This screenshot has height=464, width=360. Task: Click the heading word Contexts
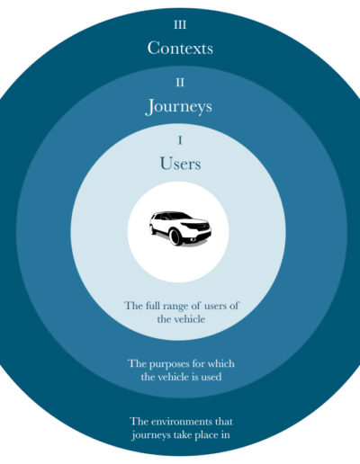point(180,48)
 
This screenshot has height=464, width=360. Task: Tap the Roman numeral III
point(180,25)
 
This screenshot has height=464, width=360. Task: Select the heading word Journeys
point(179,107)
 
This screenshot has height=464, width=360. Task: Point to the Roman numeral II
point(180,83)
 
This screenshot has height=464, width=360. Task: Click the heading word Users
point(180,164)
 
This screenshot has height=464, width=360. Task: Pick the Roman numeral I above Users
point(180,140)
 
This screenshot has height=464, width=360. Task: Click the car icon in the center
point(180,228)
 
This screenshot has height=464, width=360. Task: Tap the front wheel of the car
point(175,236)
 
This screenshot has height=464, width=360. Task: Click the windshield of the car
point(179,216)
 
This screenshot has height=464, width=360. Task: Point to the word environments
point(181,422)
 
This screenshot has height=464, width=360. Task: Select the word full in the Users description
point(153,306)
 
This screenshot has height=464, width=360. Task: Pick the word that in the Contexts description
point(223,422)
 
